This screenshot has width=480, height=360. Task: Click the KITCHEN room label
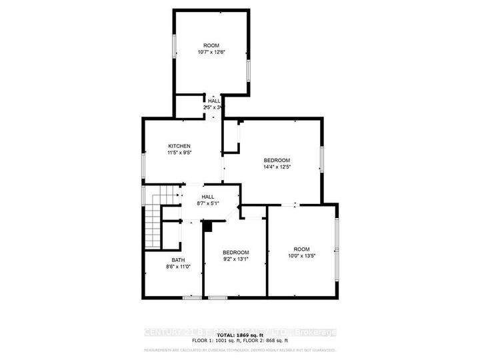tap(179, 146)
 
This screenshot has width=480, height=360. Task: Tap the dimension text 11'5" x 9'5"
tap(179, 153)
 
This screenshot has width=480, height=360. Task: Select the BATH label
tap(178, 260)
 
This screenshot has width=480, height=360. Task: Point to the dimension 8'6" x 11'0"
tap(178, 267)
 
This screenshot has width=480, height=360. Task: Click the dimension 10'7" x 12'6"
tap(211, 52)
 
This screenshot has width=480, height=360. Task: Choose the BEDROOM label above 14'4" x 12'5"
tap(277, 160)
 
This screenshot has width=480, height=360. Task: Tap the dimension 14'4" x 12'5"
tap(277, 167)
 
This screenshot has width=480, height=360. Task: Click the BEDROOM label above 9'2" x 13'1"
tap(235, 252)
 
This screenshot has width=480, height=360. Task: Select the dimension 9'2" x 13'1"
tap(235, 259)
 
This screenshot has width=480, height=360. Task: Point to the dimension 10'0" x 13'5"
tap(301, 255)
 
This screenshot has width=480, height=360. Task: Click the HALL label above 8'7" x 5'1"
tap(208, 197)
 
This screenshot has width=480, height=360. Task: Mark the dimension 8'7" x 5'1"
tap(208, 204)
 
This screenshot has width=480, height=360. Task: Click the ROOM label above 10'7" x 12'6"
tap(211, 45)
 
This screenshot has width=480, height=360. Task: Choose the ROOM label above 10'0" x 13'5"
tap(301, 249)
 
